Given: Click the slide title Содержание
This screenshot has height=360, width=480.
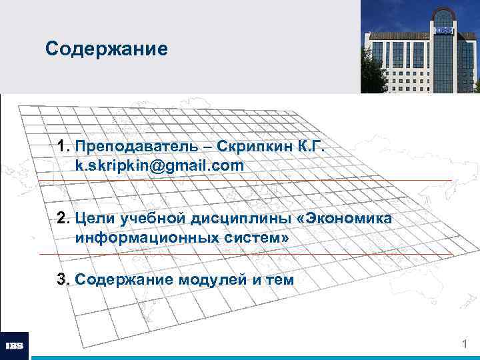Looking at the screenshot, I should (x=106, y=49).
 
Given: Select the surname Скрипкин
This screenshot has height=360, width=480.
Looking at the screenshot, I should (x=257, y=146).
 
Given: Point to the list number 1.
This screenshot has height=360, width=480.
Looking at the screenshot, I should (x=64, y=146).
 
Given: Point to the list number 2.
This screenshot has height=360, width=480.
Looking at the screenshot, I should (x=64, y=218).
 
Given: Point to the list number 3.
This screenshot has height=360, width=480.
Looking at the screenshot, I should (x=64, y=279).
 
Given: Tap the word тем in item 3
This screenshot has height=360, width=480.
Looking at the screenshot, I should (x=280, y=279).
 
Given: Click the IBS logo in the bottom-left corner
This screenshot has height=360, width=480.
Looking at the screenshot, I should (x=15, y=345).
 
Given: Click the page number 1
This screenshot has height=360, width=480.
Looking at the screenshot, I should (x=465, y=343).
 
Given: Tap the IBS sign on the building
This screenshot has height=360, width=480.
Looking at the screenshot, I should (x=444, y=30).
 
